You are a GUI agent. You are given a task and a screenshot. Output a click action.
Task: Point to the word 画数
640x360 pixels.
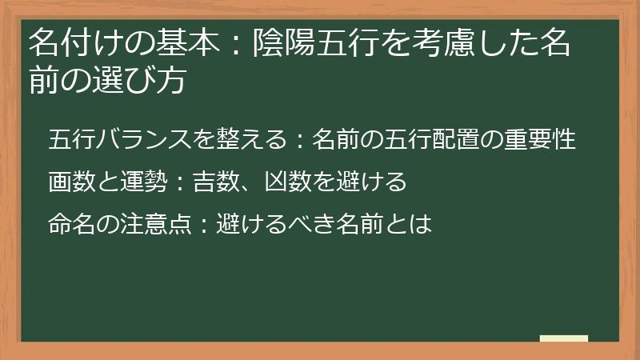tap(70, 182)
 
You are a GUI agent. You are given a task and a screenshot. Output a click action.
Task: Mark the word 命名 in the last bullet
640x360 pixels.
tap(70, 225)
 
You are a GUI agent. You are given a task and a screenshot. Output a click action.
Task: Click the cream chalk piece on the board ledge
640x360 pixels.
tap(564, 339)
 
